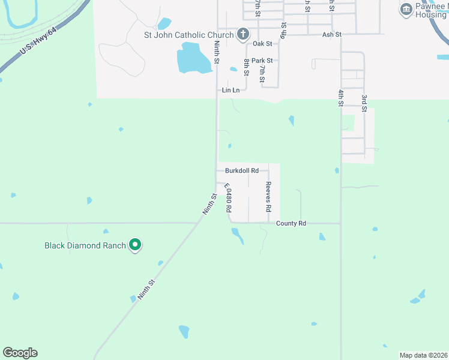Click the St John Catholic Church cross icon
tap(243, 34)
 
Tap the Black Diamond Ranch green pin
tap(136, 245)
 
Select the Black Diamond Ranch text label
tap(85, 245)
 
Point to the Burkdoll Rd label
tap(242, 170)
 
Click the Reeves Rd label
tap(268, 197)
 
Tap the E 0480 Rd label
tap(228, 199)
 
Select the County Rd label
tap(291, 223)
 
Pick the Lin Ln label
tap(231, 90)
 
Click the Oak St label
tap(262, 44)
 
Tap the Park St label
tap(262, 61)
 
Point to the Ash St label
tap(331, 35)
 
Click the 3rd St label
tap(364, 102)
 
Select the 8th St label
tap(246, 67)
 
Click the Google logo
tap(20, 353)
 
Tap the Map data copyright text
tap(423, 355)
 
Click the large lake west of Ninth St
tap(196, 58)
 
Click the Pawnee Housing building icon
tap(406, 9)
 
